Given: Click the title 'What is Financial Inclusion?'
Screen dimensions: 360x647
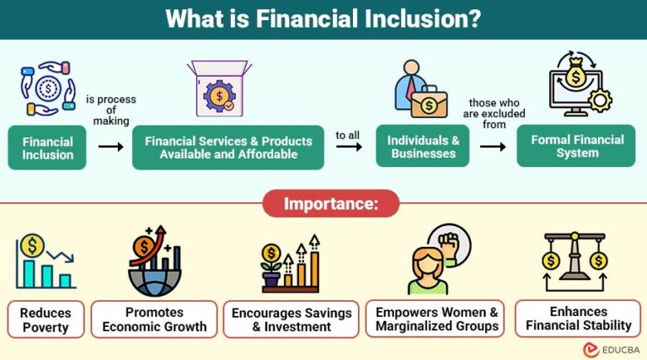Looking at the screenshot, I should pos(323,19).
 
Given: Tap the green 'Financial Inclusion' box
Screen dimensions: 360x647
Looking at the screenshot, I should pos(48,148).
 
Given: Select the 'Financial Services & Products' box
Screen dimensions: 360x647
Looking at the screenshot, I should pos(227,148).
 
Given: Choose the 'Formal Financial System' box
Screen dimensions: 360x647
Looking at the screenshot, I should pos(577,146).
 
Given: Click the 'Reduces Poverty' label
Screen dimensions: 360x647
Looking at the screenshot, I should pos(46,320).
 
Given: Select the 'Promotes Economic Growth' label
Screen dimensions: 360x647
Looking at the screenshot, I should pos(154,320).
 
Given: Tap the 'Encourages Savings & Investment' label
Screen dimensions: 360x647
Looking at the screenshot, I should pos(292,320).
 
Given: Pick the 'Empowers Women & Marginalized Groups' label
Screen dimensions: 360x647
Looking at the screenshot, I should pos(436,319).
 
